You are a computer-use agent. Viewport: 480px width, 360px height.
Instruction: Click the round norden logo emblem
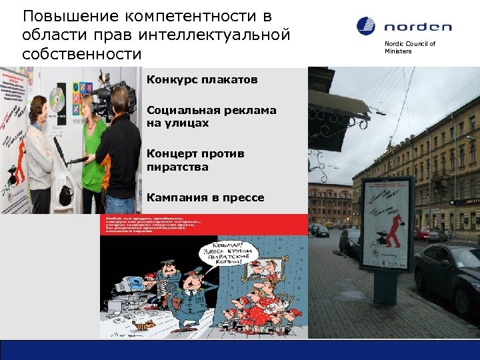(x=366, y=26)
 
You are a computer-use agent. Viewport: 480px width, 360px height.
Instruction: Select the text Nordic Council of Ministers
(x=409, y=47)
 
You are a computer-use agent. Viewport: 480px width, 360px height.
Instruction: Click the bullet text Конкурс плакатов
(x=201, y=80)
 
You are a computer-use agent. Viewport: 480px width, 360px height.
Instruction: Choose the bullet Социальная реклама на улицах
(x=211, y=117)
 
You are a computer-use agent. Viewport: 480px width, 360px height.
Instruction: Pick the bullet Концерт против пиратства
(x=195, y=160)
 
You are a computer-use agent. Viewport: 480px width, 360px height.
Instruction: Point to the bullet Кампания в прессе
(x=205, y=197)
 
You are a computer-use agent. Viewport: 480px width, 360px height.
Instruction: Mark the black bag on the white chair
(x=65, y=195)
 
